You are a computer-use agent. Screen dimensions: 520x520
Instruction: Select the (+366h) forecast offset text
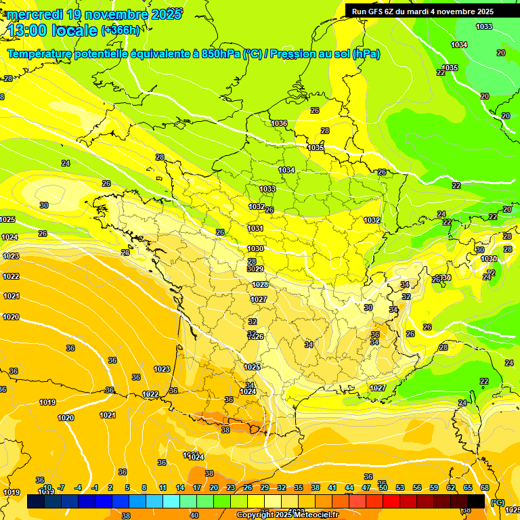[x=121, y=30]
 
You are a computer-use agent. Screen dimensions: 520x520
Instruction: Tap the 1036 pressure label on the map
[x=279, y=123]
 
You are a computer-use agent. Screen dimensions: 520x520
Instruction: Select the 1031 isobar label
[x=255, y=229]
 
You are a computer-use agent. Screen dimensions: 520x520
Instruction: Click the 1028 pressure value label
[x=260, y=284]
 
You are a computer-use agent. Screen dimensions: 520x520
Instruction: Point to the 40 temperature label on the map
[x=194, y=515]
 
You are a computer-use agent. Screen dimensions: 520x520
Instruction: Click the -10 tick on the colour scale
[x=47, y=487]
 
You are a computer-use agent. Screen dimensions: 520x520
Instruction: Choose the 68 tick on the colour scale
[x=485, y=487]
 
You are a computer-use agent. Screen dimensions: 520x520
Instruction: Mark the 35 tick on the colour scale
[x=299, y=487]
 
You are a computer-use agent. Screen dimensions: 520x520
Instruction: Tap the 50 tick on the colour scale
[x=383, y=487]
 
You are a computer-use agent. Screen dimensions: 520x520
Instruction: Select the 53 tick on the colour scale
[x=400, y=487]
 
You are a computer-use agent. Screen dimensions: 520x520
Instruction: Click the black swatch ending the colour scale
[x=476, y=501]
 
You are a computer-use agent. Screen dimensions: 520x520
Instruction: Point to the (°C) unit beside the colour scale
[x=498, y=502]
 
